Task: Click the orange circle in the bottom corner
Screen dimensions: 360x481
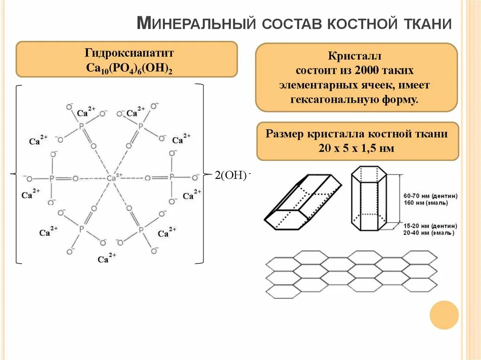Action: coord(444,314)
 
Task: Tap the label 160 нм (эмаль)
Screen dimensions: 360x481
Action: coord(426,203)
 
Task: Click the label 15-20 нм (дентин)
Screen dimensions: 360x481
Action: coord(430,226)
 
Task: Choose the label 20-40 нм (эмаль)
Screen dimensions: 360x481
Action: coord(428,233)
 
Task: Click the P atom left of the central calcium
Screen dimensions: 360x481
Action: coord(51,178)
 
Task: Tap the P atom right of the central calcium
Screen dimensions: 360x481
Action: coord(172,177)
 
